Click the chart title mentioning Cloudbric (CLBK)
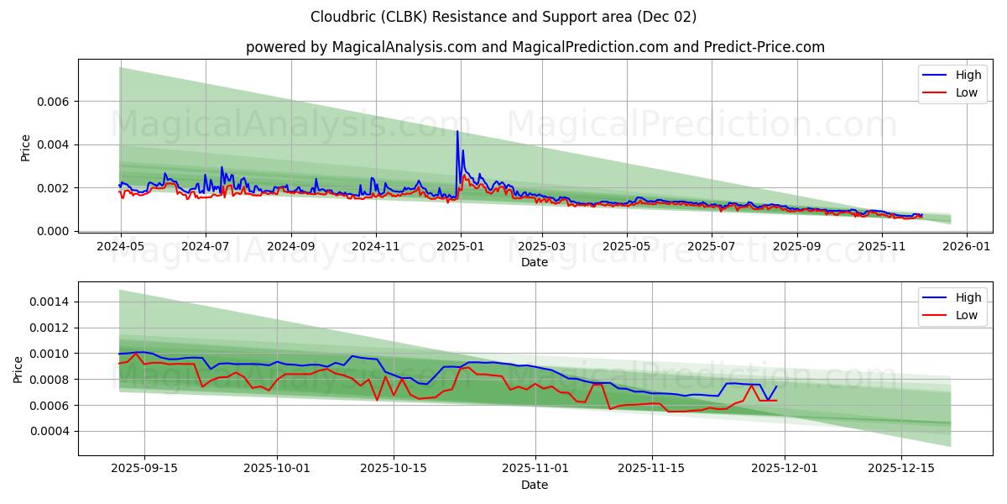click(503, 17)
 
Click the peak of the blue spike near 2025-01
click(457, 131)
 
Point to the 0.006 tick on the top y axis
click(54, 102)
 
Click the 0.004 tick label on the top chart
click(54, 144)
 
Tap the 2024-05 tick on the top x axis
click(121, 247)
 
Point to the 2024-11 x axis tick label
click(375, 247)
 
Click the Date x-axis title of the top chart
click(535, 262)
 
